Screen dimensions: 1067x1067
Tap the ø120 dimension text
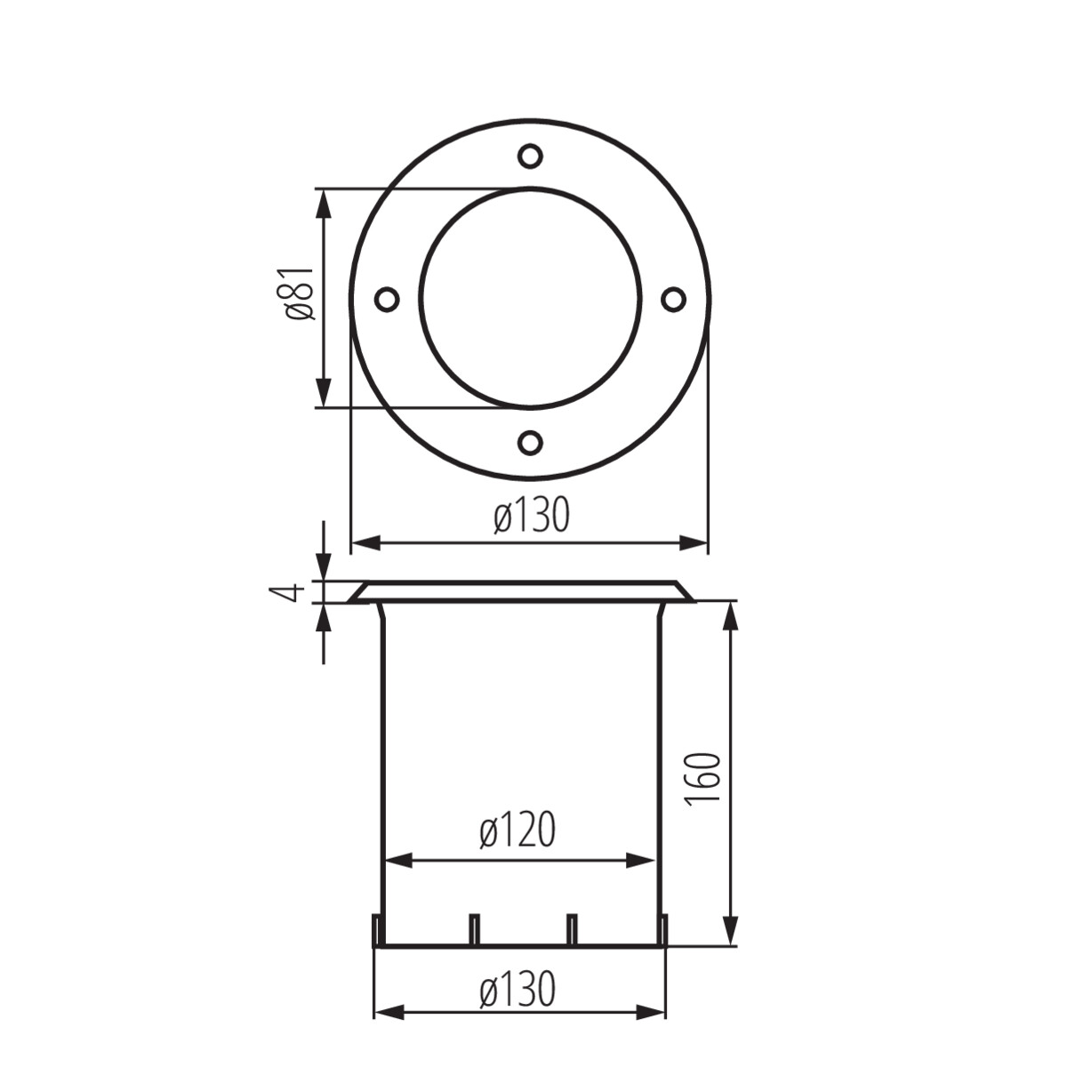coord(517,830)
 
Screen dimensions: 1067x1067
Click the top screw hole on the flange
coord(530,156)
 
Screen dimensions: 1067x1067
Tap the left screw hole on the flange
coord(387,299)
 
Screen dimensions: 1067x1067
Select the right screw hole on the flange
coord(673,299)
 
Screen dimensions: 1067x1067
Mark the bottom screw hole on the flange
coord(530,442)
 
